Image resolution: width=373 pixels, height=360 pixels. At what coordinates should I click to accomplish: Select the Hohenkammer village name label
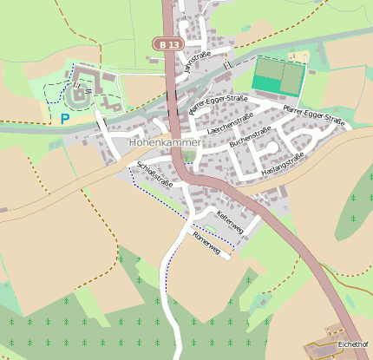[x=164, y=141]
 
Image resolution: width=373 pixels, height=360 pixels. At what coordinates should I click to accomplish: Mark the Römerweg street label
[x=213, y=243]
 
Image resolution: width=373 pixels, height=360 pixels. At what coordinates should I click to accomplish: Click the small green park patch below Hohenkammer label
[x=188, y=157]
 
